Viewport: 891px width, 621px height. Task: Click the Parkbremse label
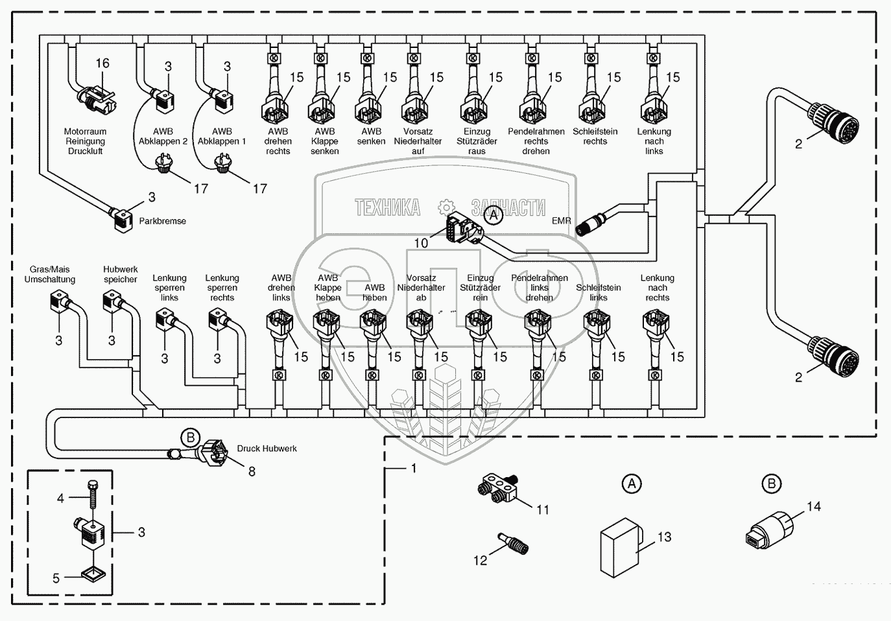point(162,221)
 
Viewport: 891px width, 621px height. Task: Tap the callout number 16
point(102,63)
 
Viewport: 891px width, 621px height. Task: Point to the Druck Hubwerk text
point(267,449)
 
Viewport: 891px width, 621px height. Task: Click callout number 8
point(252,471)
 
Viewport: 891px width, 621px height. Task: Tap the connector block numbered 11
point(498,487)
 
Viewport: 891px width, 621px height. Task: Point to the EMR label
point(561,221)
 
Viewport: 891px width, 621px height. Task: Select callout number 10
point(421,243)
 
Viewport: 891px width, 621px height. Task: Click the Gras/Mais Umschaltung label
point(50,274)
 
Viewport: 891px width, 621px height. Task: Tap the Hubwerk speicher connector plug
point(112,303)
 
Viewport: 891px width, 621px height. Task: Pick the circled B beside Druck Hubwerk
point(190,437)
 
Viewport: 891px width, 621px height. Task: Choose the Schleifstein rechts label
point(595,136)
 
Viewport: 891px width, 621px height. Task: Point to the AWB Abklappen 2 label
point(163,136)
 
